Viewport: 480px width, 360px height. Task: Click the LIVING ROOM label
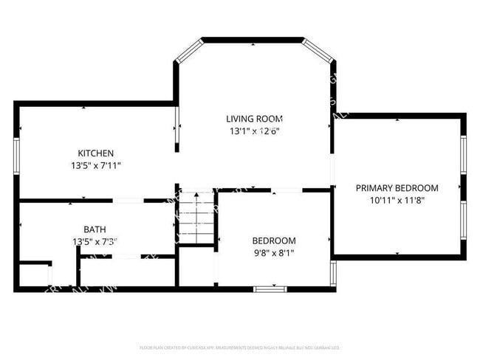(x=254, y=119)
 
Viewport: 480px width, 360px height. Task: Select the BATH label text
(x=95, y=229)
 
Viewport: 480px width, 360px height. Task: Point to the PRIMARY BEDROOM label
(x=397, y=188)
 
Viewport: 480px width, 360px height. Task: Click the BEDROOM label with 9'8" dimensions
(x=274, y=240)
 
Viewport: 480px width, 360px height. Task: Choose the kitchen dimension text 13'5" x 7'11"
(x=96, y=166)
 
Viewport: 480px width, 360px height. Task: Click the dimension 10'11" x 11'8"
(x=396, y=200)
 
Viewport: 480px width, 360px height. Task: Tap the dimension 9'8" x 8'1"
(x=274, y=253)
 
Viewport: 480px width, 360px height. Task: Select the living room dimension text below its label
(x=254, y=131)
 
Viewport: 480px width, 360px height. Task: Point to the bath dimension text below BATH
(x=95, y=241)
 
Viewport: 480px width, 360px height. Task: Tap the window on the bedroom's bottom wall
(x=270, y=288)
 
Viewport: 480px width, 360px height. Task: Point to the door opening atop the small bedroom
(x=287, y=191)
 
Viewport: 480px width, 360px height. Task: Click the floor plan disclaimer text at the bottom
(x=239, y=347)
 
